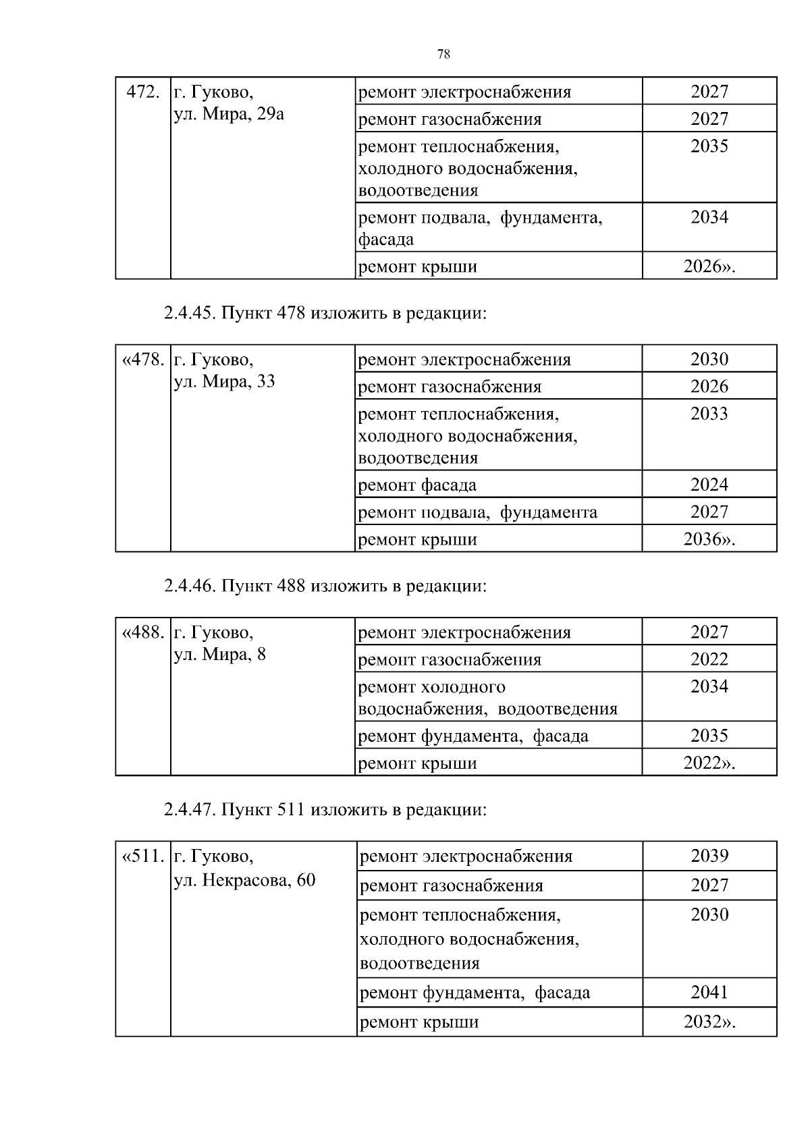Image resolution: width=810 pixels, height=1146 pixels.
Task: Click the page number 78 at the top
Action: click(x=443, y=55)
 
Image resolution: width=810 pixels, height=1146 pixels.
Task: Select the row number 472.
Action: click(x=142, y=92)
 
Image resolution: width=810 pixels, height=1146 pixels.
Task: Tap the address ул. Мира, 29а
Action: click(x=229, y=114)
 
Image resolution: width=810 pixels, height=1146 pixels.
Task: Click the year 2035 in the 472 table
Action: click(x=709, y=146)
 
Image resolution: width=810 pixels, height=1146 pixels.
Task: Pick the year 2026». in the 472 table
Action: click(x=709, y=266)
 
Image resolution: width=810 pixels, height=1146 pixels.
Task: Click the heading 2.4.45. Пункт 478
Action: click(x=325, y=313)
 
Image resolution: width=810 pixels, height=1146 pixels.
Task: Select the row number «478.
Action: click(x=142, y=359)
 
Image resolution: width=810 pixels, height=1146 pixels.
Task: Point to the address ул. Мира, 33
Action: click(x=225, y=381)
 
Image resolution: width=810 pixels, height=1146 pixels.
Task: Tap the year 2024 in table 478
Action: click(x=709, y=485)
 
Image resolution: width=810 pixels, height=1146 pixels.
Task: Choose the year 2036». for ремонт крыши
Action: click(x=709, y=539)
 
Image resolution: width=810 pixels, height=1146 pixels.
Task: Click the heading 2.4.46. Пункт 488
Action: click(x=325, y=586)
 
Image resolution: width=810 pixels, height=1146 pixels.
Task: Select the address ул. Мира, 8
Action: click(x=220, y=654)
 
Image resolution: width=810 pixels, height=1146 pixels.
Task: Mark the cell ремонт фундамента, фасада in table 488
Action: click(x=473, y=736)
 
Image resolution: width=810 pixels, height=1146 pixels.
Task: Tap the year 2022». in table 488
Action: click(x=709, y=763)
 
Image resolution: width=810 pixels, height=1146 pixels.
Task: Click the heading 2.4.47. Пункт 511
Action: click(x=325, y=809)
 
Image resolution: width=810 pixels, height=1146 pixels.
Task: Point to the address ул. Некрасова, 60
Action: click(x=244, y=881)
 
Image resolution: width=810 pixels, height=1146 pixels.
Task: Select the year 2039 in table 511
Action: click(x=709, y=856)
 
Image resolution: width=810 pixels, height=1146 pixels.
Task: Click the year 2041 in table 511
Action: click(x=709, y=992)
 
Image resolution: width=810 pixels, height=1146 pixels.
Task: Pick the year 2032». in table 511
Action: click(x=709, y=1022)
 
